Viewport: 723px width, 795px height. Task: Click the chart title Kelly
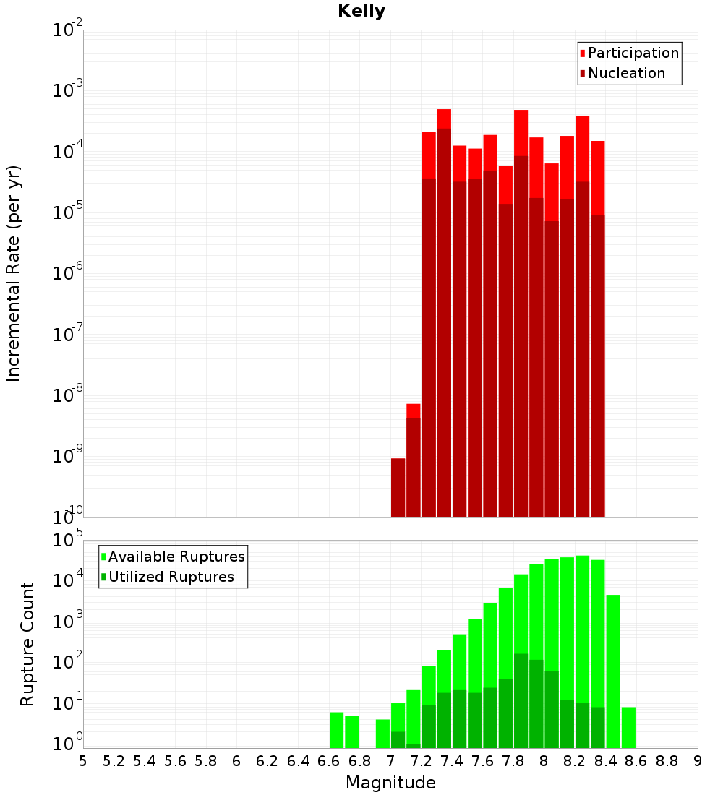[x=361, y=12]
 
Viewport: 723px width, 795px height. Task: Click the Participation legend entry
[x=633, y=53]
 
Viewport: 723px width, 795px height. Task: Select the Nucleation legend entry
[x=626, y=73]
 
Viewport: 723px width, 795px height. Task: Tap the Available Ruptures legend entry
[x=176, y=556]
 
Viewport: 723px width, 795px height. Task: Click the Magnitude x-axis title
[x=390, y=783]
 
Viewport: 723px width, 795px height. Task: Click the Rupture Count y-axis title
[x=27, y=644]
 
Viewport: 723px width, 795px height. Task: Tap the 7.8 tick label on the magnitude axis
[x=513, y=761]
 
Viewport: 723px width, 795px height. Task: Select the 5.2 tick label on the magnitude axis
[x=114, y=761]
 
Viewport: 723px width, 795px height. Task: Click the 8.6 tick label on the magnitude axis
[x=636, y=761]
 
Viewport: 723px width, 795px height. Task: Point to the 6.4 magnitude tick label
[x=299, y=761]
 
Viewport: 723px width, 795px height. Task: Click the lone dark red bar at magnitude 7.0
[x=398, y=488]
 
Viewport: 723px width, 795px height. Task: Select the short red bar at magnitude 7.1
[x=414, y=411]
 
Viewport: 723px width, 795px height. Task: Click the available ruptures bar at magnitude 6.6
[x=336, y=730]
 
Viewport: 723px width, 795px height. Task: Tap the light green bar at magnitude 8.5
[x=613, y=672]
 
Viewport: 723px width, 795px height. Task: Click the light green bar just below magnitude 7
[x=382, y=734]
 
